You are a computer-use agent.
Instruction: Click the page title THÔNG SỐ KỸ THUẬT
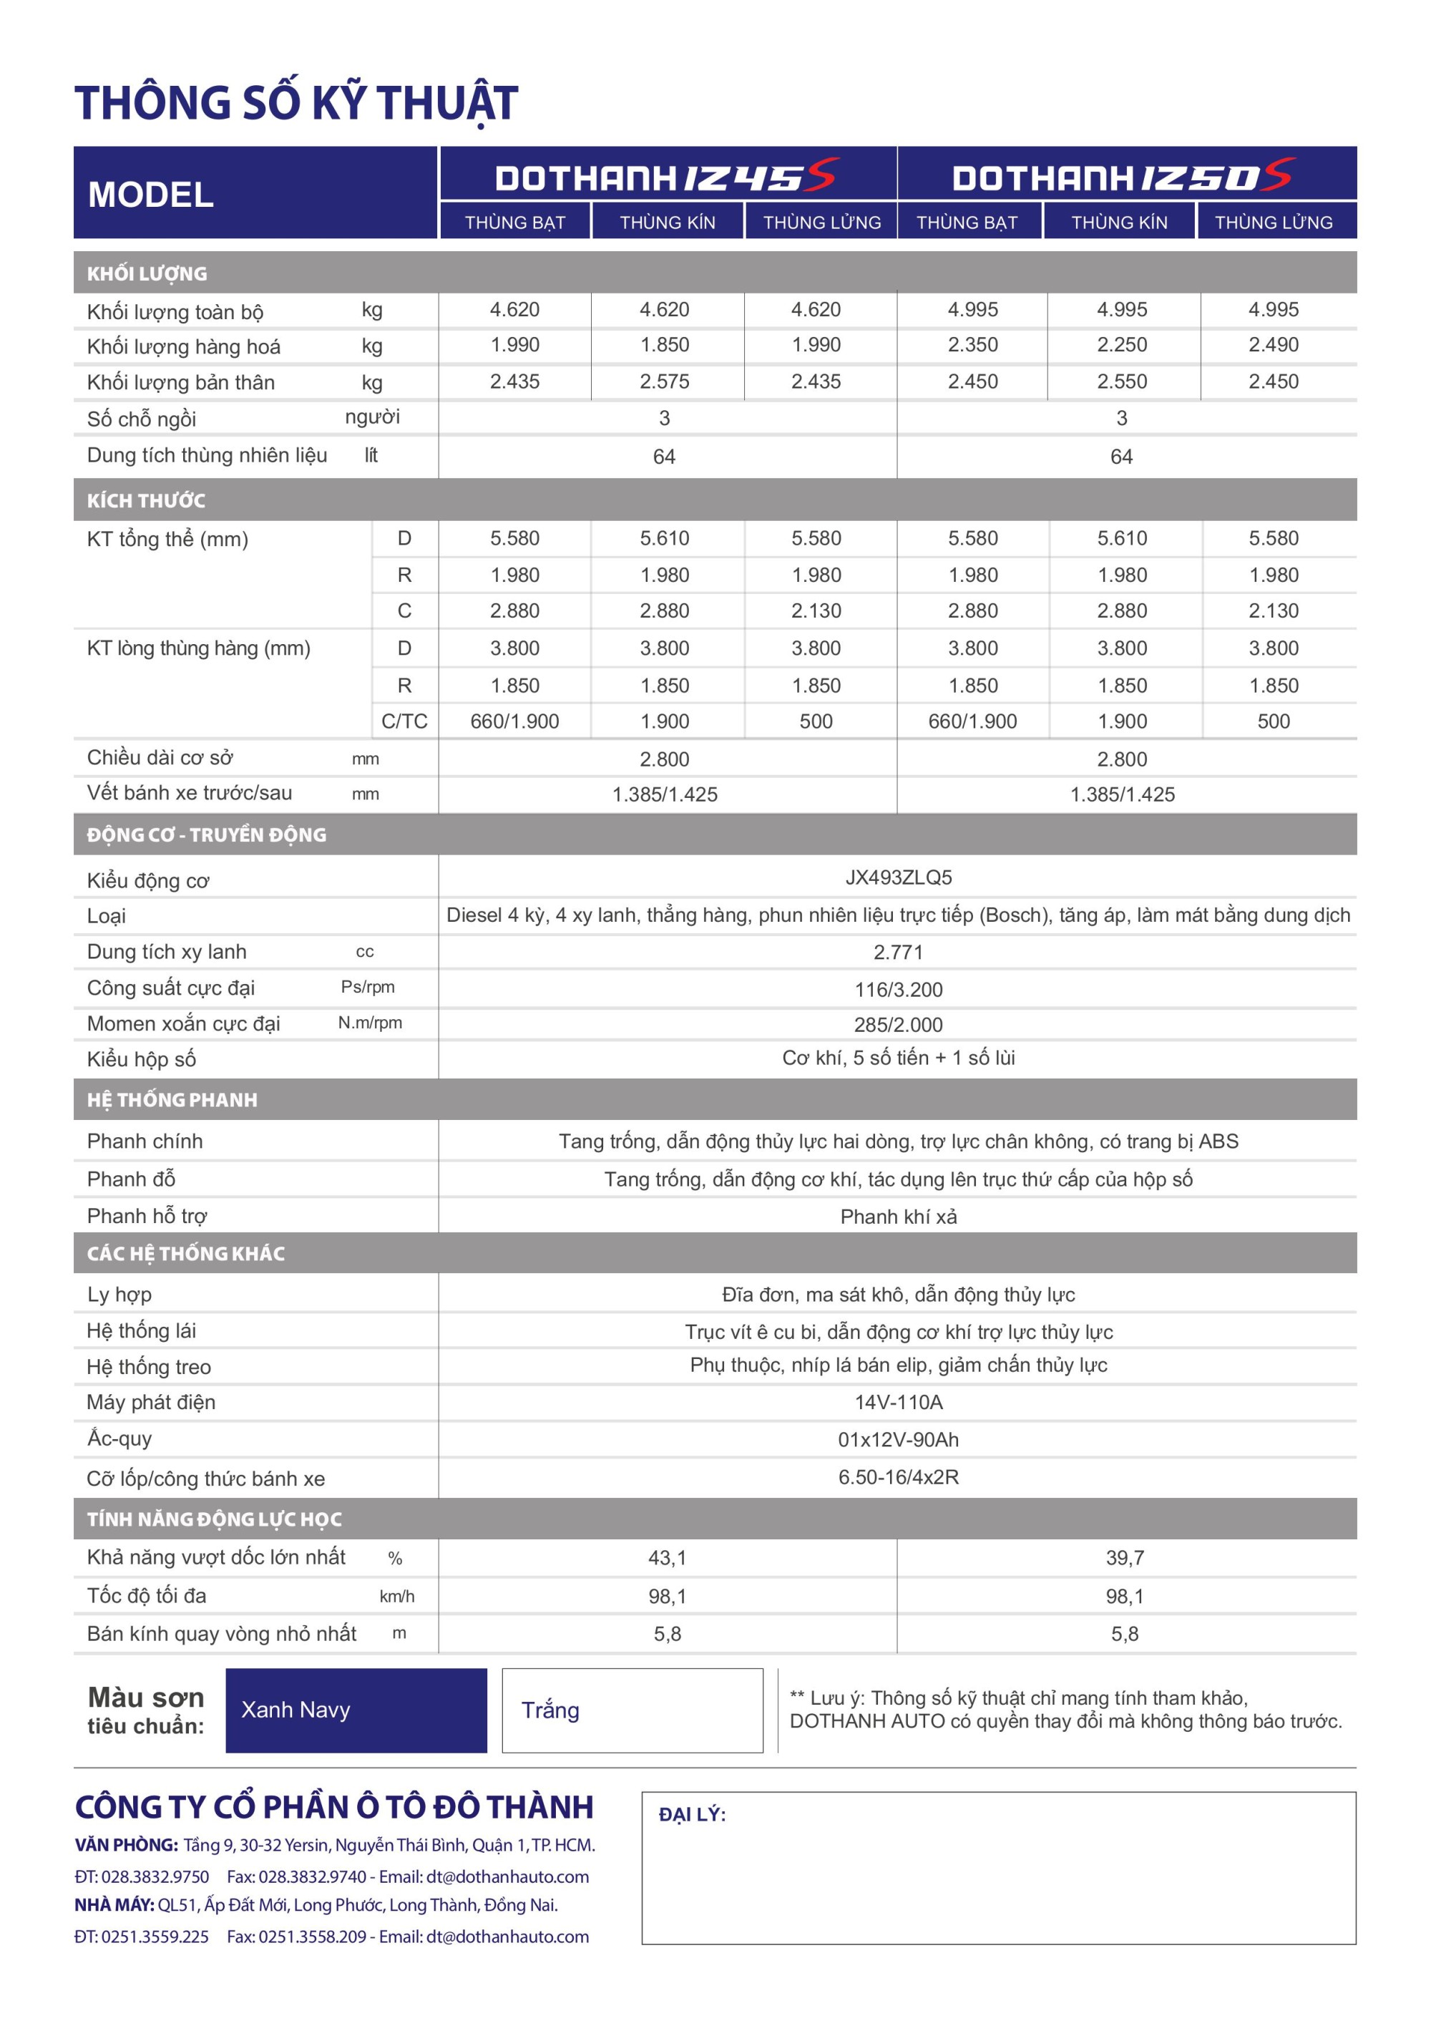pos(296,102)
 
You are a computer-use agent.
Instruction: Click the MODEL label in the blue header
pos(151,195)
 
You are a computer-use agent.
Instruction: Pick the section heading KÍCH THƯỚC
pos(146,501)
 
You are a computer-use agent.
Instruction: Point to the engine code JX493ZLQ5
pos(898,878)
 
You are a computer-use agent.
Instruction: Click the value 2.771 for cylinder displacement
pos(898,952)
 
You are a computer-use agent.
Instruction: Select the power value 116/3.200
pos(898,989)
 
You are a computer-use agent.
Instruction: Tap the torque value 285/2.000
pos(898,1024)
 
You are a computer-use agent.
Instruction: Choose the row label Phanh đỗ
pos(131,1179)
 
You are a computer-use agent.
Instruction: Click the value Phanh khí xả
pos(898,1217)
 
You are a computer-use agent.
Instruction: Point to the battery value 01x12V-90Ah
pos(898,1439)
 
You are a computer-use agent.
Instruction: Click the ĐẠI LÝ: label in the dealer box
pos(692,1814)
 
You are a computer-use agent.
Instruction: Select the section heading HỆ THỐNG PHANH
pos(172,1100)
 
